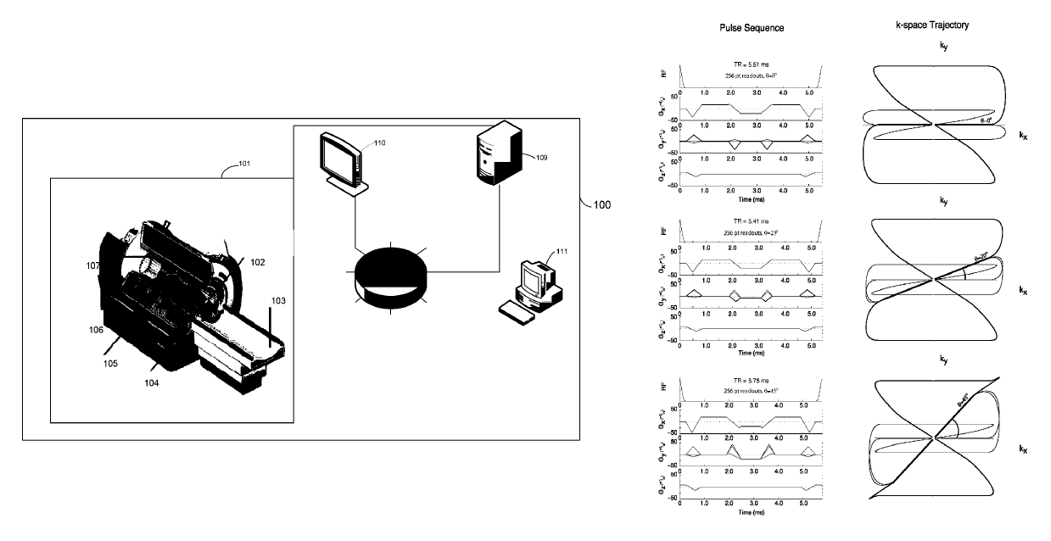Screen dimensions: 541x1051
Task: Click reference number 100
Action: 601,204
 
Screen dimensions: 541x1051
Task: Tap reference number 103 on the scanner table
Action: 279,300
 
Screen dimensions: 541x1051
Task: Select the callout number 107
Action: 92,265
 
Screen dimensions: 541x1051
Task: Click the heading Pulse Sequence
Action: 746,28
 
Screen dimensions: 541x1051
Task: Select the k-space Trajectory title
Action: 932,25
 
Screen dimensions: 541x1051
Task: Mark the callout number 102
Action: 257,263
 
